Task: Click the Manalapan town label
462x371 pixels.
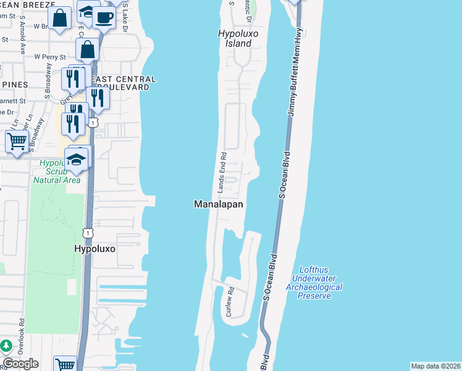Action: click(219, 204)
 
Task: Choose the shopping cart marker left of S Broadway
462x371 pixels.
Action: click(17, 141)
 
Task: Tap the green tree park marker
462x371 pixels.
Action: click(6, 346)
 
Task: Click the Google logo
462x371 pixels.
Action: click(20, 364)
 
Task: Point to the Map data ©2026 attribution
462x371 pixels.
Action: click(435, 366)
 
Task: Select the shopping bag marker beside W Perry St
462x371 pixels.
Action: click(88, 50)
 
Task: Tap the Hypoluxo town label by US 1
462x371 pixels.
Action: click(95, 249)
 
